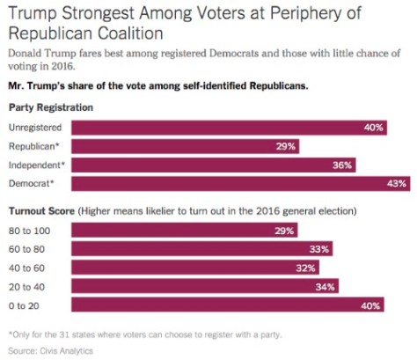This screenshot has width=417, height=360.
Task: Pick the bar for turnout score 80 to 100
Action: [185, 230]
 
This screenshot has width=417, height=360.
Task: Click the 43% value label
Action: [397, 183]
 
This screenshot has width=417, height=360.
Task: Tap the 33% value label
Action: [319, 249]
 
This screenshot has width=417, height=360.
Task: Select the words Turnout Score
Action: [40, 211]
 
